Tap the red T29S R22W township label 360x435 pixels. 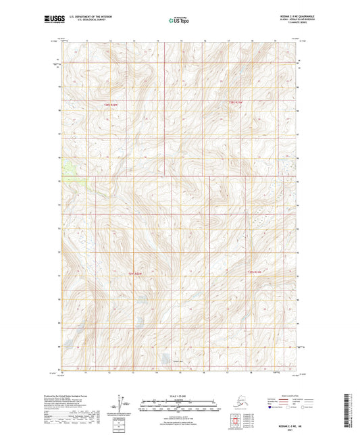tap(134, 274)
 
